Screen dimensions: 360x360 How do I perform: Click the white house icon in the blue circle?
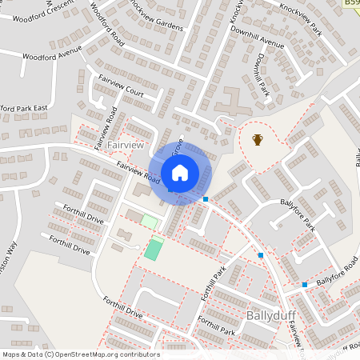click(x=180, y=172)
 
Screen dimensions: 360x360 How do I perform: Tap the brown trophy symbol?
click(x=258, y=140)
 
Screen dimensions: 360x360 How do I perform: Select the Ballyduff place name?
click(x=272, y=314)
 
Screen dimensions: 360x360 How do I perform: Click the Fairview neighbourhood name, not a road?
click(x=125, y=146)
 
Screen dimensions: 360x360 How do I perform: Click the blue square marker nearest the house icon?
click(x=206, y=198)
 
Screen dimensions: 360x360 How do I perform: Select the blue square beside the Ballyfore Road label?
click(x=304, y=284)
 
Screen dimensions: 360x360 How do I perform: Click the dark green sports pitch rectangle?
click(x=153, y=249)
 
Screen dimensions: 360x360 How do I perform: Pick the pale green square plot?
click(x=149, y=220)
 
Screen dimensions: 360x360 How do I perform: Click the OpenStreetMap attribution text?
click(x=80, y=354)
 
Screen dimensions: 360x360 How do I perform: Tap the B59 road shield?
click(x=352, y=4)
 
